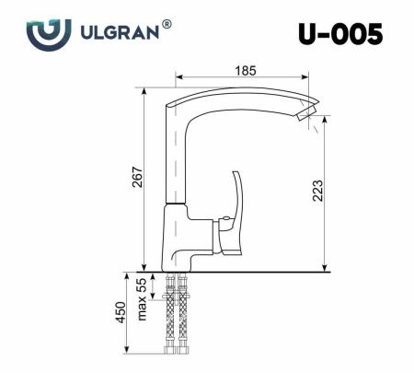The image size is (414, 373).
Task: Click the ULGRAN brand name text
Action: (x=118, y=33)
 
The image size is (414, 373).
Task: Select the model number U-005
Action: (x=339, y=34)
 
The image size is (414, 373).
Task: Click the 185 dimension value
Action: (x=245, y=71)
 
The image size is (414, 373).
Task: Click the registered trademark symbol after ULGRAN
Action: (x=166, y=27)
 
